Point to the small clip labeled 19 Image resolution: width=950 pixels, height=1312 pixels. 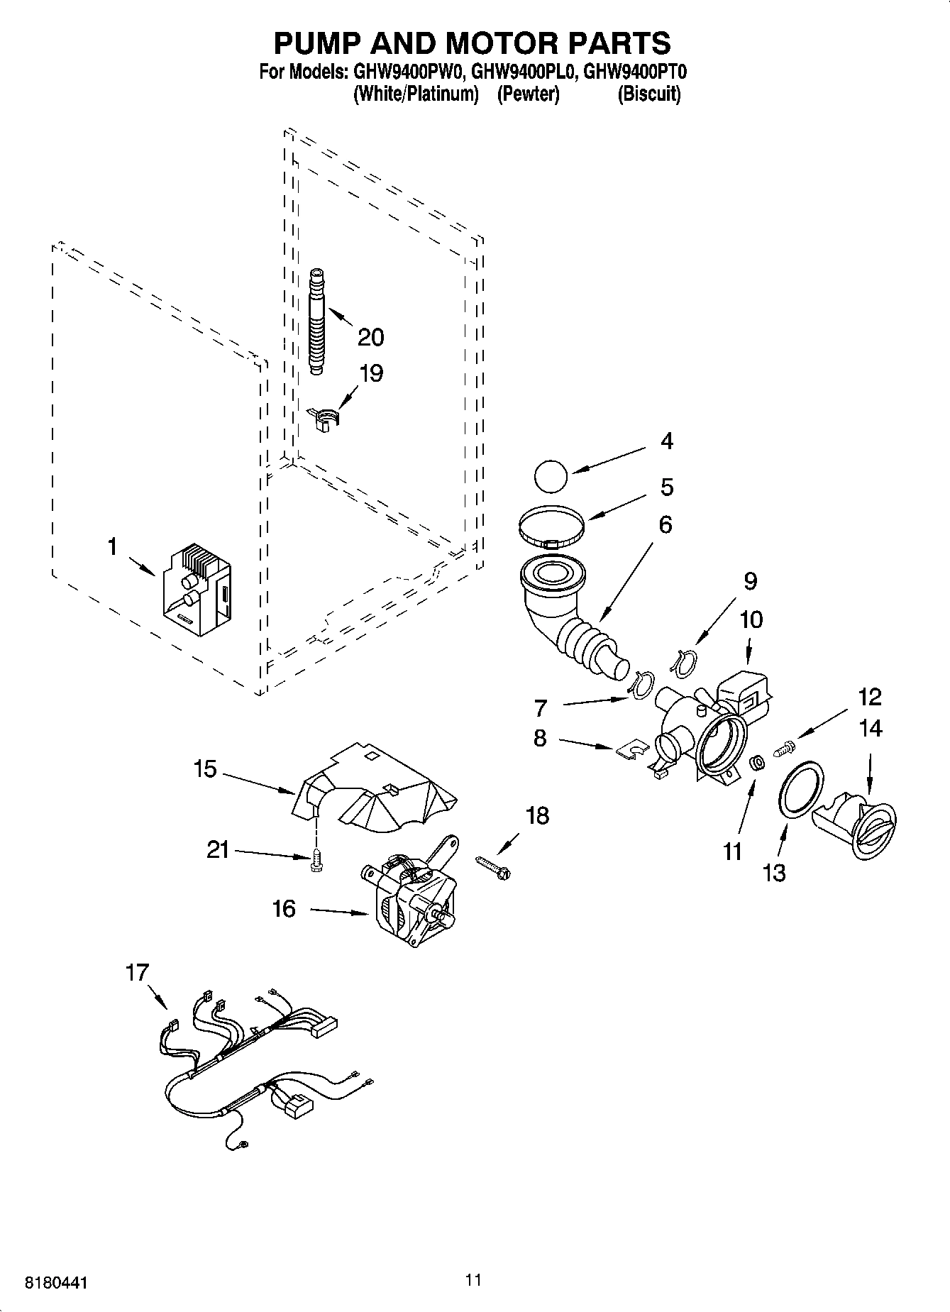[325, 417]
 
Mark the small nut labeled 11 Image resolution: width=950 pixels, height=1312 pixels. [757, 764]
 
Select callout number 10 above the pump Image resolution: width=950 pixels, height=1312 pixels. [751, 619]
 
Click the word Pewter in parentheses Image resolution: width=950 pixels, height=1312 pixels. [529, 94]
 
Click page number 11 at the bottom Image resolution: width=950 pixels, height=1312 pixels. [474, 1279]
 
